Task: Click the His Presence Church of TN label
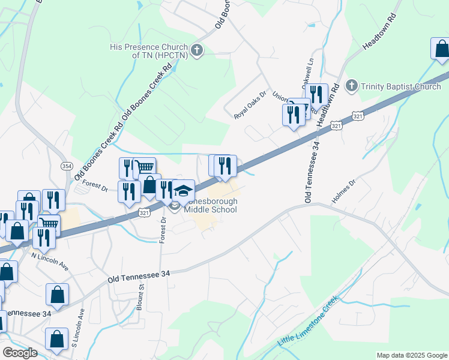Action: pos(149,50)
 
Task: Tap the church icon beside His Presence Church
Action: pos(197,50)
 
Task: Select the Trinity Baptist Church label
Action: pos(402,86)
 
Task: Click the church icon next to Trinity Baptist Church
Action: pos(352,86)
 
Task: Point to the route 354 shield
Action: pos(65,165)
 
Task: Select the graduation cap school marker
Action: pos(184,191)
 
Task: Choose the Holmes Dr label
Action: pos(344,191)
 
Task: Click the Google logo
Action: pos(20,353)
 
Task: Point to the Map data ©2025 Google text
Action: pos(412,355)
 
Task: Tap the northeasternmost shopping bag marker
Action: pos(441,50)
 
